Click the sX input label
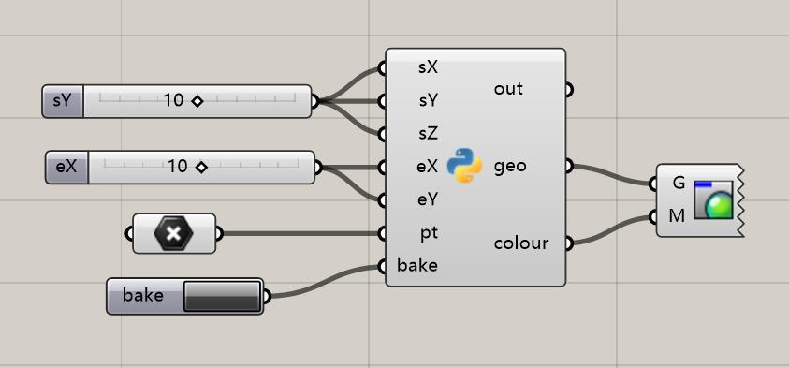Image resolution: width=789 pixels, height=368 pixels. [429, 68]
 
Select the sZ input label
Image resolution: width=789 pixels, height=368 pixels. [429, 132]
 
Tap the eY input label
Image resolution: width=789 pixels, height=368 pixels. [428, 199]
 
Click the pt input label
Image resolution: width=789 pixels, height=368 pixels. [427, 231]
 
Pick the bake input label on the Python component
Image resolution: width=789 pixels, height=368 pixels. [417, 265]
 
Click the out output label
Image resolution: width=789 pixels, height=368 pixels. [508, 90]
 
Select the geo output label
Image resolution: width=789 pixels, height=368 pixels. [510, 167]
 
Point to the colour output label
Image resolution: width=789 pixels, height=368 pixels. [520, 243]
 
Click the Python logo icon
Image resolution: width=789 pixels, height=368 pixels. [464, 166]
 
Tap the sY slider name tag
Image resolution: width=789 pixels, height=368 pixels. [63, 101]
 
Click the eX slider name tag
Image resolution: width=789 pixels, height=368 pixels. [66, 168]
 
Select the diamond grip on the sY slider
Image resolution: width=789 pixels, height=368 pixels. [197, 101]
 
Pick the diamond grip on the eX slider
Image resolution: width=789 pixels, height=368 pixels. [201, 168]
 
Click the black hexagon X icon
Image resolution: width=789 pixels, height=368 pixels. [174, 233]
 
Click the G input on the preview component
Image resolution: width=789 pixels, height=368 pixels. [679, 183]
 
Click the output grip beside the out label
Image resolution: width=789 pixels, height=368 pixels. [568, 91]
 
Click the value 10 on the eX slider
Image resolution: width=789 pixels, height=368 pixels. [178, 168]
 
